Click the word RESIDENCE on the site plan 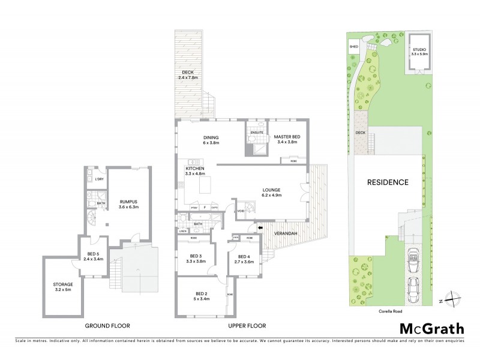coord(388,182)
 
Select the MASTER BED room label coord(287,140)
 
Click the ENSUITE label coord(257,133)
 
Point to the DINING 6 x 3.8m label coord(211,140)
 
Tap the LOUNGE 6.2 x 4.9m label coord(272,192)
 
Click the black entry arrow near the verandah coord(260,227)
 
